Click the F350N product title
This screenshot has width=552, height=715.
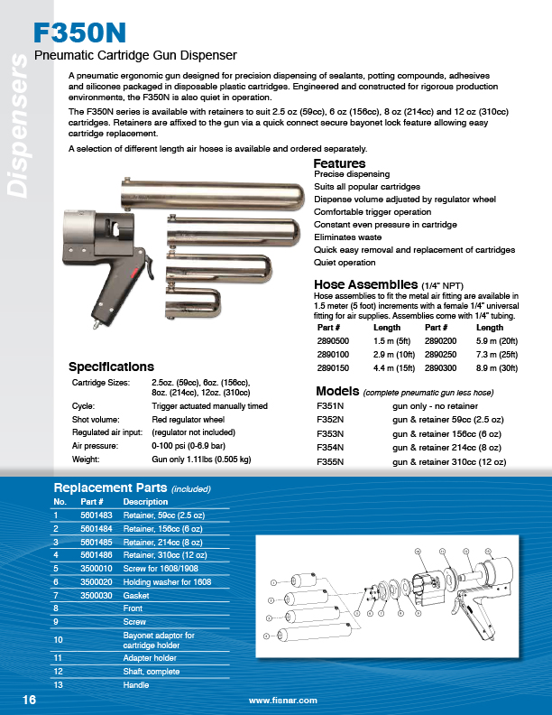(79, 33)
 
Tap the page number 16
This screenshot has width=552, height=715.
(29, 700)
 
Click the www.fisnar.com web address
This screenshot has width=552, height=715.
(282, 701)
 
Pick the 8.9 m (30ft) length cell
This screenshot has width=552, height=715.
(497, 368)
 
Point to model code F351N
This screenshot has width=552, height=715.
(331, 407)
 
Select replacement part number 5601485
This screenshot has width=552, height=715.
(97, 542)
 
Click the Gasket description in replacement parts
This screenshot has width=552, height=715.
(138, 597)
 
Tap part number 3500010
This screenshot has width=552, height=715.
(97, 569)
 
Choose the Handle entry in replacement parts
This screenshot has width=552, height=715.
(136, 685)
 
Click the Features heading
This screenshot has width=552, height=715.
(339, 163)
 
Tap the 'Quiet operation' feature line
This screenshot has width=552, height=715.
(345, 263)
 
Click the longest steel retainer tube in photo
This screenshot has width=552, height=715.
(209, 191)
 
